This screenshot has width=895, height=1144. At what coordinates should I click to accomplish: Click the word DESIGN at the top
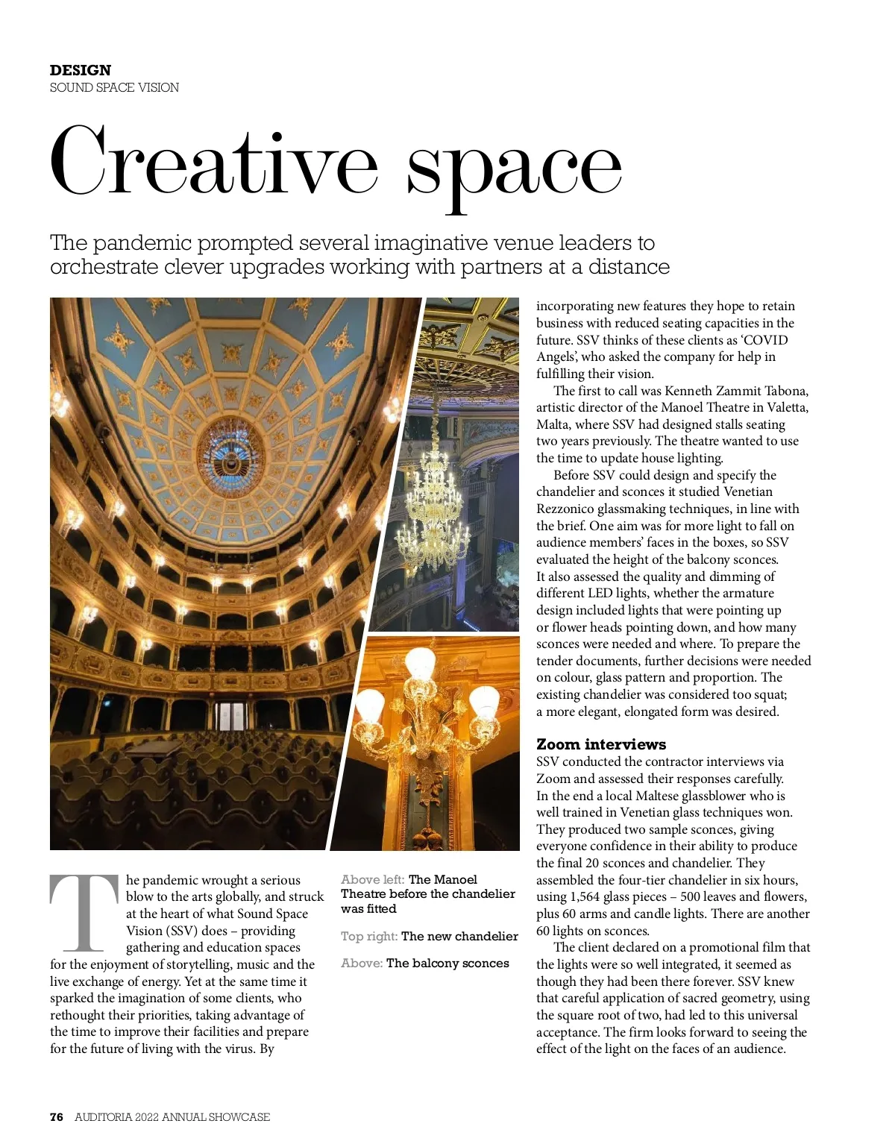(81, 70)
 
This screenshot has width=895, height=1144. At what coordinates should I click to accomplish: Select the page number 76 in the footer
(57, 1116)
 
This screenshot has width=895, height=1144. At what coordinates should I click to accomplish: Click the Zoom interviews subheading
(601, 744)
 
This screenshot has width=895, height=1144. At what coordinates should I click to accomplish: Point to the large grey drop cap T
(84, 914)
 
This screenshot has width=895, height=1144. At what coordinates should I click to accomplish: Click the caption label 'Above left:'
(373, 880)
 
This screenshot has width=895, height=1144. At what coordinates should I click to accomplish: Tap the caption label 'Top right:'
(369, 937)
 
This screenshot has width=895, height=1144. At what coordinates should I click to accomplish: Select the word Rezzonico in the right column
(565, 509)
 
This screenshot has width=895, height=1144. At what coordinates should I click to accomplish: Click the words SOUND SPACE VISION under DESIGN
(114, 87)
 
